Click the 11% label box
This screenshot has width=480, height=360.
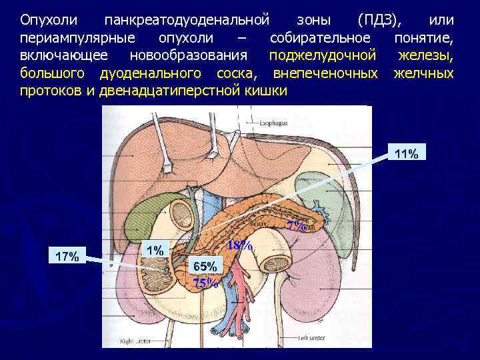[406, 155]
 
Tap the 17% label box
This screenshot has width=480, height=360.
[68, 256]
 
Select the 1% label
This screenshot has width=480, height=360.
[155, 249]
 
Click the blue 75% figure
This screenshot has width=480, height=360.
[205, 282]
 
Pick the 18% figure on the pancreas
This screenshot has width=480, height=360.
[240, 245]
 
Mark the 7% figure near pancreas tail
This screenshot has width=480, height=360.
[295, 226]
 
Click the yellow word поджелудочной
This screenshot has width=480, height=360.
[322, 53]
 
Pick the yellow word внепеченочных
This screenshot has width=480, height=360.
[325, 72]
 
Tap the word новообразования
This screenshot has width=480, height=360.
[188, 53]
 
